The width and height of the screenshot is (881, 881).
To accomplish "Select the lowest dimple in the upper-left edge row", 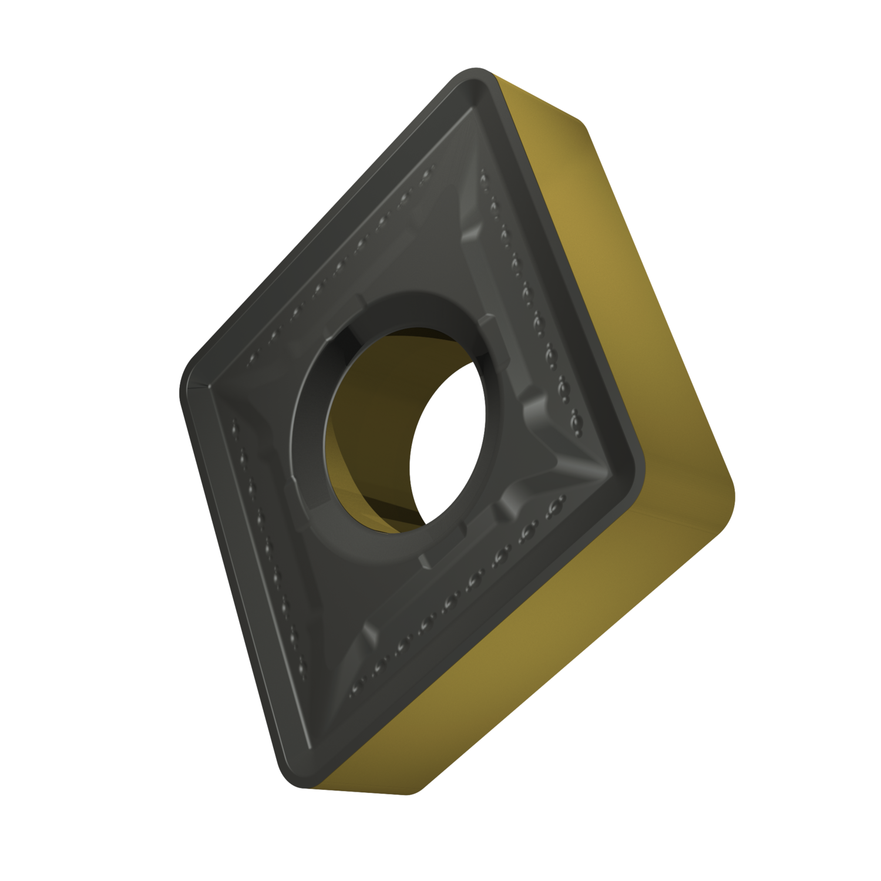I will [x=253, y=358].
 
